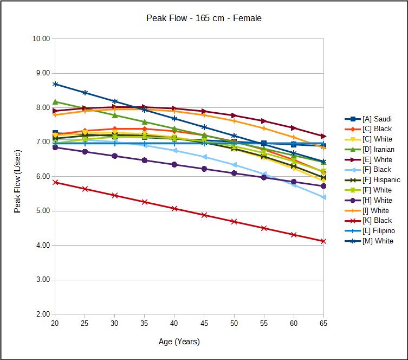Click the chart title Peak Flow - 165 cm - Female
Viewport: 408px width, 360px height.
pos(204,18)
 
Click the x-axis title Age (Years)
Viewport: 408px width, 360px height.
pos(179,342)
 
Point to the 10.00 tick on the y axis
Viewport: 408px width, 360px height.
pos(42,39)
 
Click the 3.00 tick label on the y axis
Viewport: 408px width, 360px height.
pos(42,280)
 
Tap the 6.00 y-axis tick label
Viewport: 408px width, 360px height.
pos(42,177)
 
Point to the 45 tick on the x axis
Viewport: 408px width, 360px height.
pos(204,323)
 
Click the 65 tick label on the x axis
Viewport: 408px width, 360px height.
pos(323,323)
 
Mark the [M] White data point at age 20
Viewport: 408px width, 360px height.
pos(55,84)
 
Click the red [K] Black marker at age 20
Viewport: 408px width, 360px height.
pos(55,182)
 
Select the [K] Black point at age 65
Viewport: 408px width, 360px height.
pos(323,241)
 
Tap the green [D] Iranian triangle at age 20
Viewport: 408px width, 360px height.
pos(55,101)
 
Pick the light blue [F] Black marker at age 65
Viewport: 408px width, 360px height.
pos(323,197)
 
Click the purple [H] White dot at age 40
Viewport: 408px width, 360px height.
pos(174,164)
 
